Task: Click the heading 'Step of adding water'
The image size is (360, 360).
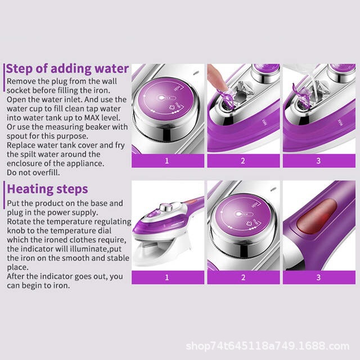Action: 67,69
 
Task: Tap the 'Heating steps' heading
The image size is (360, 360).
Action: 47,189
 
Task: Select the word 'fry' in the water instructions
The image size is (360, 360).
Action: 120,146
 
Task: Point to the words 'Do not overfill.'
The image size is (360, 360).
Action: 33,173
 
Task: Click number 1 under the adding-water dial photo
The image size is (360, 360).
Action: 167,161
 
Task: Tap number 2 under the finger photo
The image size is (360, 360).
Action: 243,161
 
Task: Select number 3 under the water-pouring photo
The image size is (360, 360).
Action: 318,161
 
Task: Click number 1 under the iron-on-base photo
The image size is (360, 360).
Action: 167,277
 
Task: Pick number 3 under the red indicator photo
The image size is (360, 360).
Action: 318,277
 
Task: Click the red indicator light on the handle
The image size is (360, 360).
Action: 317,216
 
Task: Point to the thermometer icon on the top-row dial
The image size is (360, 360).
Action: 166,98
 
